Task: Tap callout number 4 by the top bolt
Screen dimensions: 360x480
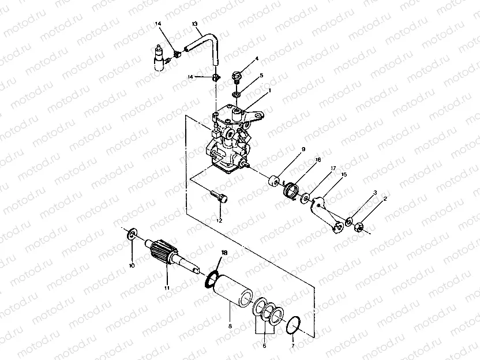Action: coord(257,58)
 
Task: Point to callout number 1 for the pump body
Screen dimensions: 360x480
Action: coord(269,91)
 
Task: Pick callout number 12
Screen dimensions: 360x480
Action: coord(219,220)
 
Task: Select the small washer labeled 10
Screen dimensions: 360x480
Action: coord(132,234)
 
